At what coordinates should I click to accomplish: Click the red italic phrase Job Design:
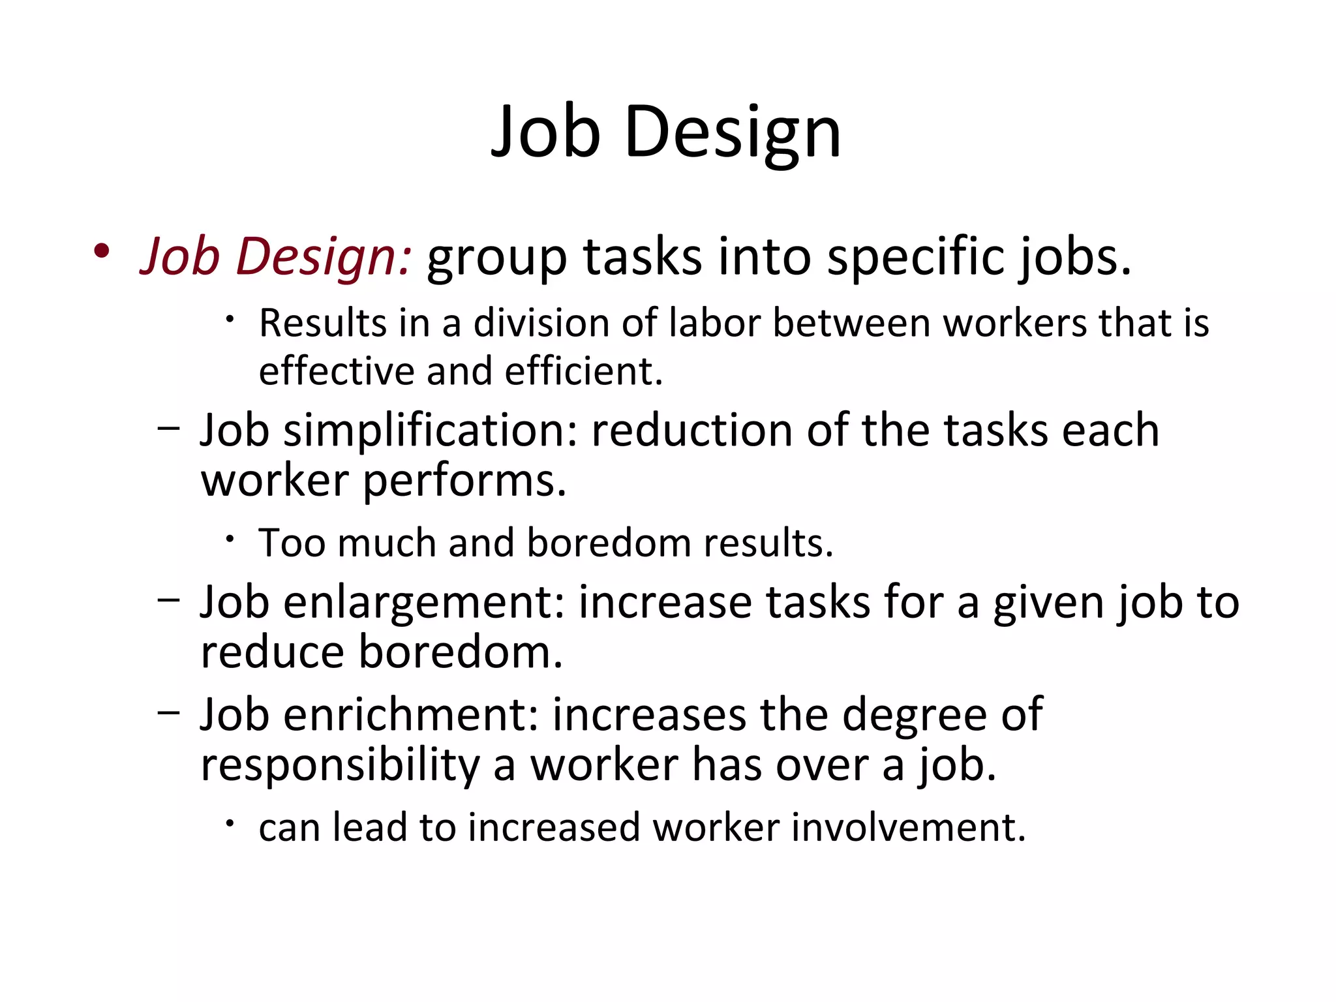[276, 256]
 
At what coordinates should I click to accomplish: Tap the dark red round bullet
[101, 251]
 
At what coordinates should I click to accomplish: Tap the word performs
[464, 481]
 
